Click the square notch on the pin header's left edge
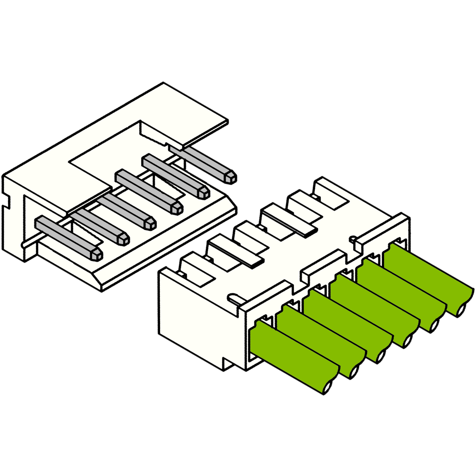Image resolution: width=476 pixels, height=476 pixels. [7, 201]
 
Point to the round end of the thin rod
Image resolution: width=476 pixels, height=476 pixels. [23, 245]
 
